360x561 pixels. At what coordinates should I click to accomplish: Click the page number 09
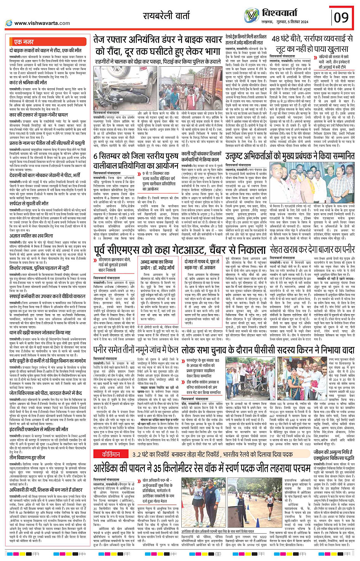[341, 18]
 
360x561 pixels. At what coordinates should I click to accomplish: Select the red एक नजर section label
[24, 42]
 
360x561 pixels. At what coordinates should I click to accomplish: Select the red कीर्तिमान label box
[111, 454]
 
